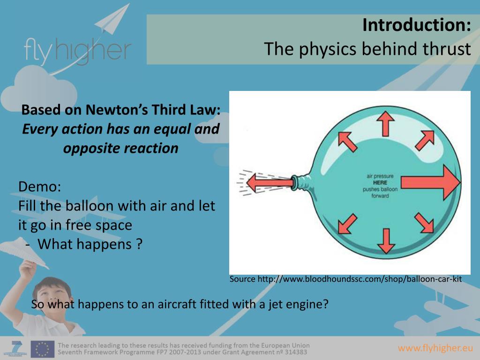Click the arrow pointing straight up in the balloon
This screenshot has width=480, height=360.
pyautogui.click(x=386, y=123)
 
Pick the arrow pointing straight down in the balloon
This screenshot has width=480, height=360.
pyautogui.click(x=386, y=240)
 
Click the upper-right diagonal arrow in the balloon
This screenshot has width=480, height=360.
pyautogui.click(x=424, y=139)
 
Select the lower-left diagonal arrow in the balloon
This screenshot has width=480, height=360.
pyautogui.click(x=347, y=223)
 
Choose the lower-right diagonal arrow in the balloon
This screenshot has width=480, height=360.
pyautogui.click(x=424, y=223)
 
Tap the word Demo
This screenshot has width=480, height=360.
pyautogui.click(x=39, y=187)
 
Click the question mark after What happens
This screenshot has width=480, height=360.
pyautogui.click(x=139, y=244)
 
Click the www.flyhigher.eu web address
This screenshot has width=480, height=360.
pyautogui.click(x=435, y=348)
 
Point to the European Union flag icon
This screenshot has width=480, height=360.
pyautogui.click(x=43, y=349)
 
